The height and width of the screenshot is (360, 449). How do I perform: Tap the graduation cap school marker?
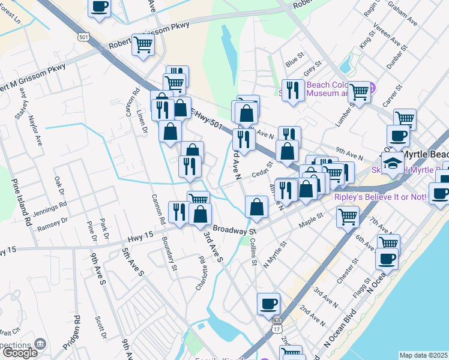(393, 163)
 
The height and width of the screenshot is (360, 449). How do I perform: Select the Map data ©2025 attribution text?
(423, 355)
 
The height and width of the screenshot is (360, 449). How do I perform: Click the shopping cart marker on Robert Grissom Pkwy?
(143, 44)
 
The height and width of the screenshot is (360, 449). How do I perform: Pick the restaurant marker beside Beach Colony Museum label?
(292, 91)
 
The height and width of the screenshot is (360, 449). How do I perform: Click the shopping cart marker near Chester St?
(348, 217)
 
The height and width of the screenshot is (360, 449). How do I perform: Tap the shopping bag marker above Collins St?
(256, 207)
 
